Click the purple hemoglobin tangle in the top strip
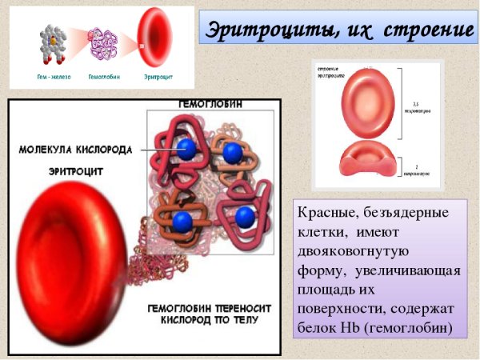(105, 43)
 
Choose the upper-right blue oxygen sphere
(233, 153)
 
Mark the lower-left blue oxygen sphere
(183, 218)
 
